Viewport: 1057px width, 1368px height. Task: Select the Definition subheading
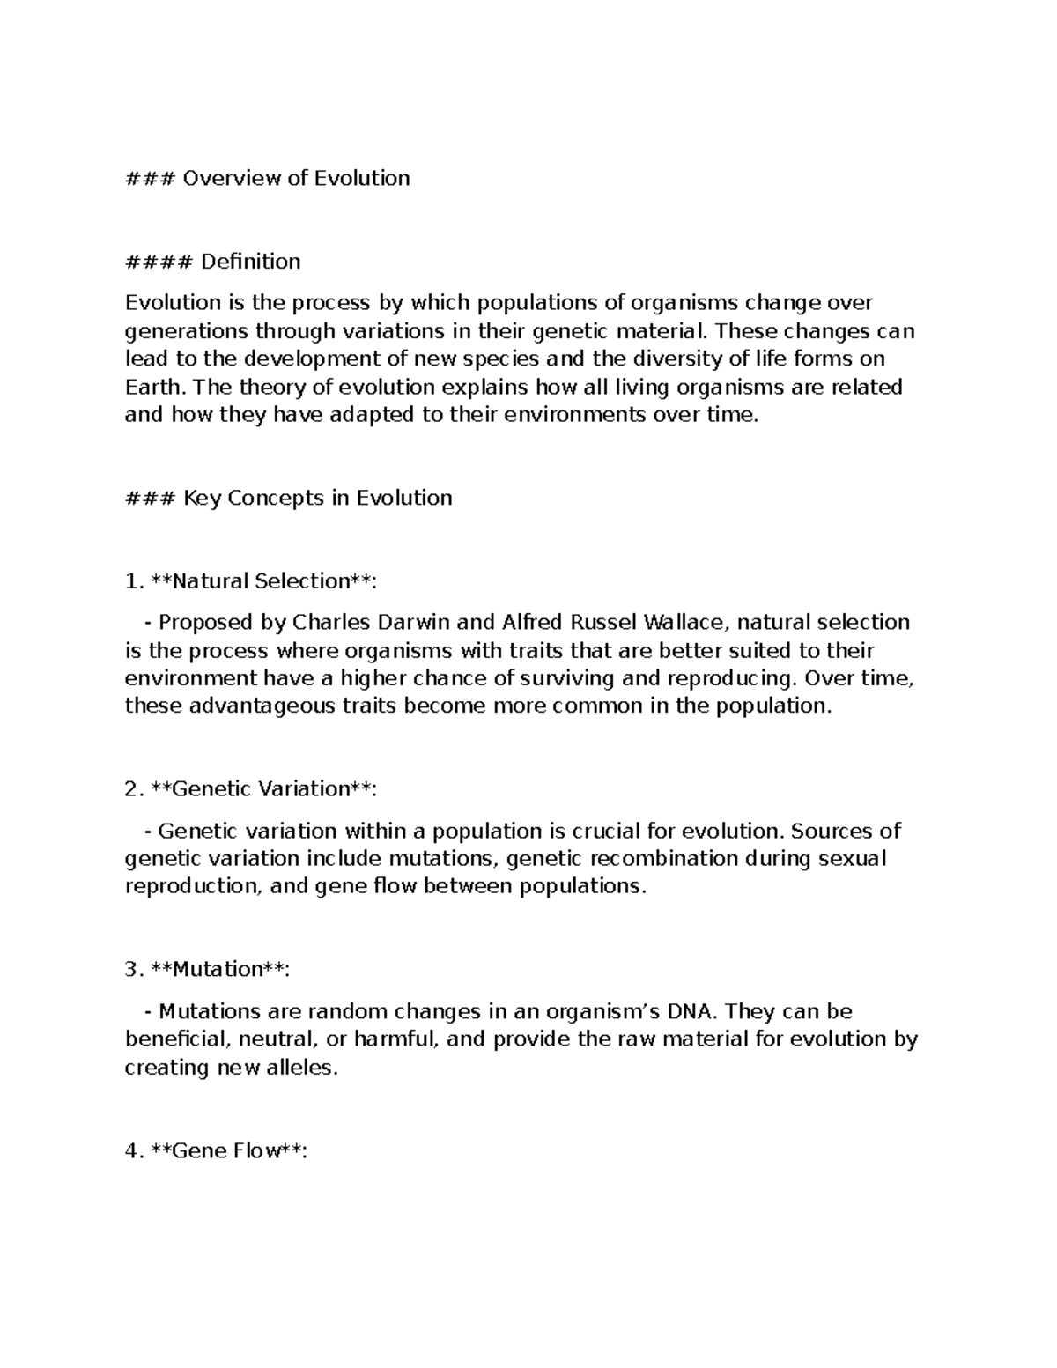[250, 262]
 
